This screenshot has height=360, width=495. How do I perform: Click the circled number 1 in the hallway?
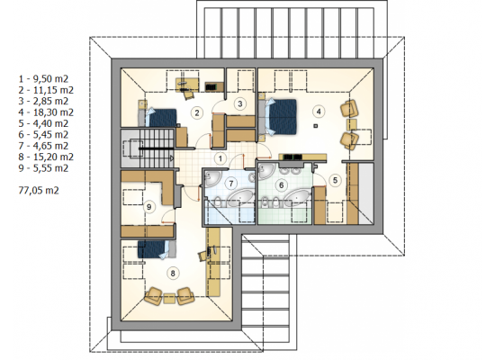pyautogui.click(x=220, y=158)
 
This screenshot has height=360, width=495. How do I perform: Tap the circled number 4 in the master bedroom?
pyautogui.click(x=319, y=112)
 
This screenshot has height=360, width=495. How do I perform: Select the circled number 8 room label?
pyautogui.click(x=173, y=273)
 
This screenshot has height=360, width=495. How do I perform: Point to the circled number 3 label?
pyautogui.click(x=240, y=103)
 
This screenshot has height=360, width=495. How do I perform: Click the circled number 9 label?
pyautogui.click(x=149, y=207)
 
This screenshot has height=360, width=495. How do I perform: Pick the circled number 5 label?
pyautogui.click(x=335, y=180)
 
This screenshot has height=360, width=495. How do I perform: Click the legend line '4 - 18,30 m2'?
pyautogui.click(x=46, y=112)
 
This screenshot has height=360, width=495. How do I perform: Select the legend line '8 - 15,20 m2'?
pyautogui.click(x=46, y=157)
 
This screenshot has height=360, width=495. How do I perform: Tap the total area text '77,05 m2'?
pyautogui.click(x=39, y=191)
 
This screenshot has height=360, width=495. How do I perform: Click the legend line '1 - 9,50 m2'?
pyautogui.click(x=43, y=78)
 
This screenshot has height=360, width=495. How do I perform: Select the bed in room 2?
pyautogui.click(x=157, y=118)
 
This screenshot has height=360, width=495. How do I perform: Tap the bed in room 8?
pyautogui.click(x=157, y=249)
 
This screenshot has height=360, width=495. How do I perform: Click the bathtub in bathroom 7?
pyautogui.click(x=240, y=198)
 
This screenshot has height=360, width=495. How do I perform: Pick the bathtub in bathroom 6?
pyautogui.click(x=296, y=198)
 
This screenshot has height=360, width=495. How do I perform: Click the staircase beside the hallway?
pyautogui.click(x=147, y=148)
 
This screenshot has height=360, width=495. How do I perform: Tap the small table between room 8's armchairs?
pyautogui.click(x=169, y=299)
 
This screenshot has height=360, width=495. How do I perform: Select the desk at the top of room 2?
pyautogui.click(x=187, y=84)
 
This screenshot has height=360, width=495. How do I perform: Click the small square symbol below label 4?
pyautogui.click(x=315, y=126)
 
